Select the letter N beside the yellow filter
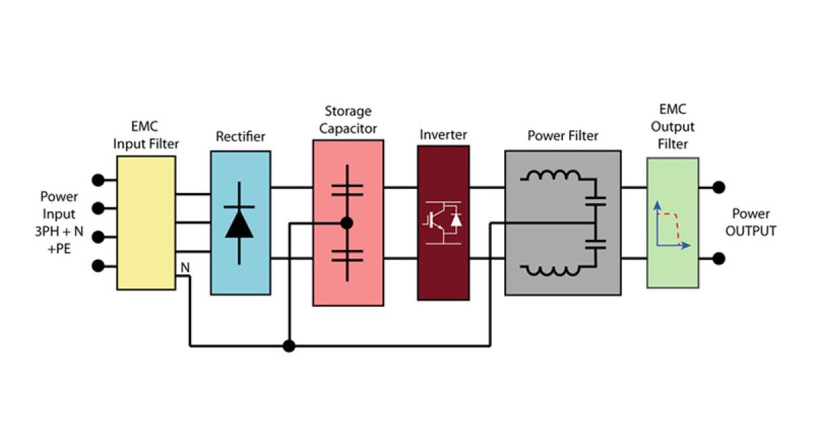(x=184, y=268)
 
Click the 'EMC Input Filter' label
(x=146, y=135)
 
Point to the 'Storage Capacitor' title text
(x=348, y=119)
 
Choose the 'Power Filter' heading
(x=562, y=136)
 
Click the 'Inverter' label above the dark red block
(x=443, y=135)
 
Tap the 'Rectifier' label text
(x=240, y=137)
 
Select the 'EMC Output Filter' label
(x=672, y=127)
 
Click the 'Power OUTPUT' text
(x=750, y=223)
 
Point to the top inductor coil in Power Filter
(x=550, y=177)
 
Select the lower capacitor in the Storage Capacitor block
(x=347, y=255)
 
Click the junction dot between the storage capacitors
(x=347, y=223)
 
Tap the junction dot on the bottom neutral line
(x=289, y=346)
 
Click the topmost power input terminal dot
(x=99, y=180)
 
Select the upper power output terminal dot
(x=719, y=187)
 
